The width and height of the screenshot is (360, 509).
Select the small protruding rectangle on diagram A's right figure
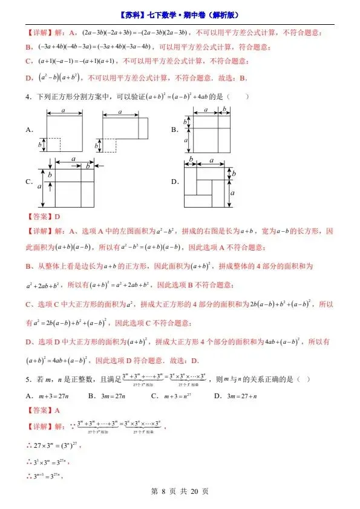(143, 128)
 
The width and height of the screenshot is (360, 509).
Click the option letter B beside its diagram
(174, 130)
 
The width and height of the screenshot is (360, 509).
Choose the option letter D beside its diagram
(174, 182)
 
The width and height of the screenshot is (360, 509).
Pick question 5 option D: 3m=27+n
(234, 396)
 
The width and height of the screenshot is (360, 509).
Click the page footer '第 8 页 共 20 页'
(180, 491)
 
